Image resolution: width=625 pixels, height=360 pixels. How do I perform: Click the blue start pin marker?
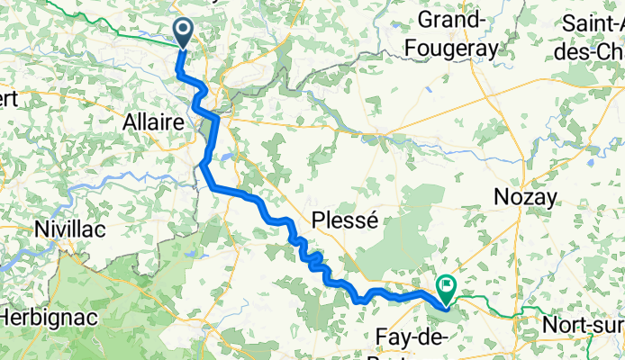[x=183, y=33]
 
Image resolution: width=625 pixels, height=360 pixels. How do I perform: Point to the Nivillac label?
[x=69, y=229]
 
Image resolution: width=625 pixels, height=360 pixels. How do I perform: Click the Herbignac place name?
[x=44, y=318]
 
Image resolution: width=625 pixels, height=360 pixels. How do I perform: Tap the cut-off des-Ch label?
[x=597, y=51]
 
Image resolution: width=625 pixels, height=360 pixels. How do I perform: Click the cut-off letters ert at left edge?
[x=9, y=99]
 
